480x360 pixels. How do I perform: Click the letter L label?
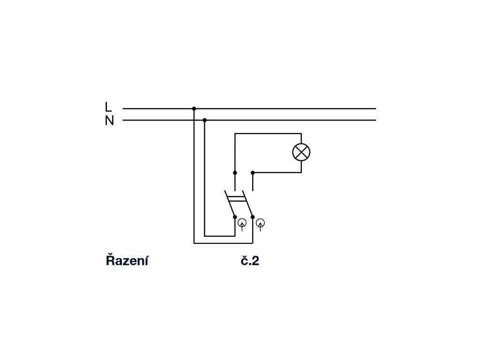[x=109, y=107]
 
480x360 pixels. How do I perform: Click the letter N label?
[x=109, y=121]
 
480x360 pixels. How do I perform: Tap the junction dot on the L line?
[x=194, y=109]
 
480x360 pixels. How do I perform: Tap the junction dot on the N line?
[x=205, y=120]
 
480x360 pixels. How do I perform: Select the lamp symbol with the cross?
[x=301, y=152]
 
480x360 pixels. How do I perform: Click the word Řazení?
[x=127, y=261]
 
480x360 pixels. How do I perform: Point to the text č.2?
[x=250, y=261]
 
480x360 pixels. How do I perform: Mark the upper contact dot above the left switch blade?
[x=235, y=172]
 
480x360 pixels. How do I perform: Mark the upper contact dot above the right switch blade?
[x=253, y=172]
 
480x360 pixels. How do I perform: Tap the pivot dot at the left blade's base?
[x=235, y=217]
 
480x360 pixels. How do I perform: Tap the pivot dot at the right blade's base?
[x=253, y=217]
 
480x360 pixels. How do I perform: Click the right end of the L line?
[x=375, y=109]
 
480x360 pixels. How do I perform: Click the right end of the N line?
[x=375, y=120]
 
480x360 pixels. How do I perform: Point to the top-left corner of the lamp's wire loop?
[x=235, y=134]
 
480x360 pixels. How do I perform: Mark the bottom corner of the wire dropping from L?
[x=194, y=243]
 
